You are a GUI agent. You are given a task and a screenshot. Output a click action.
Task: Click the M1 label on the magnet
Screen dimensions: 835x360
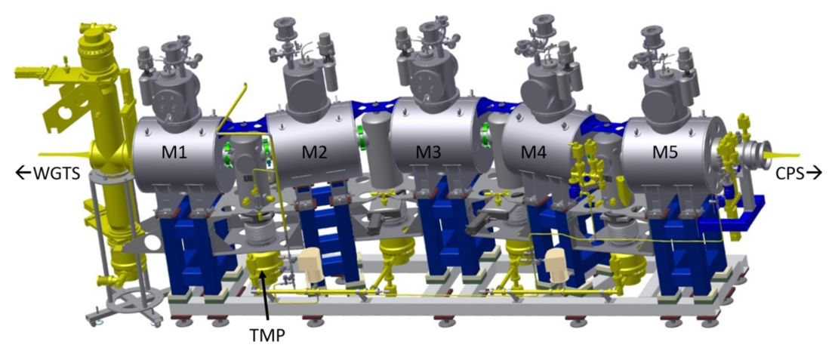pyautogui.click(x=174, y=154)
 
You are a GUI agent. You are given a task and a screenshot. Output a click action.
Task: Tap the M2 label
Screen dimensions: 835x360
pyautogui.click(x=316, y=154)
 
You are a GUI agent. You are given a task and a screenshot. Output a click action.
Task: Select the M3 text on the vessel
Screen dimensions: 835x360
pyautogui.click(x=429, y=154)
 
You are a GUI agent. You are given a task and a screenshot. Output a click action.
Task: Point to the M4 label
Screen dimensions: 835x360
pyautogui.click(x=533, y=154)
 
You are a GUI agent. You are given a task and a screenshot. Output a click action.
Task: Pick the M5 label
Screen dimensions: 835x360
pyautogui.click(x=666, y=154)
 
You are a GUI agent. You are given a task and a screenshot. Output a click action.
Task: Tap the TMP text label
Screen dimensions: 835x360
pyautogui.click(x=267, y=336)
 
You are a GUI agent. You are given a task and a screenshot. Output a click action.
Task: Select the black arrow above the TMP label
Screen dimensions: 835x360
pyautogui.click(x=265, y=297)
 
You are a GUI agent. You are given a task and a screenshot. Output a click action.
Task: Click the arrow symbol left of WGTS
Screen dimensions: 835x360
pyautogui.click(x=23, y=173)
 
